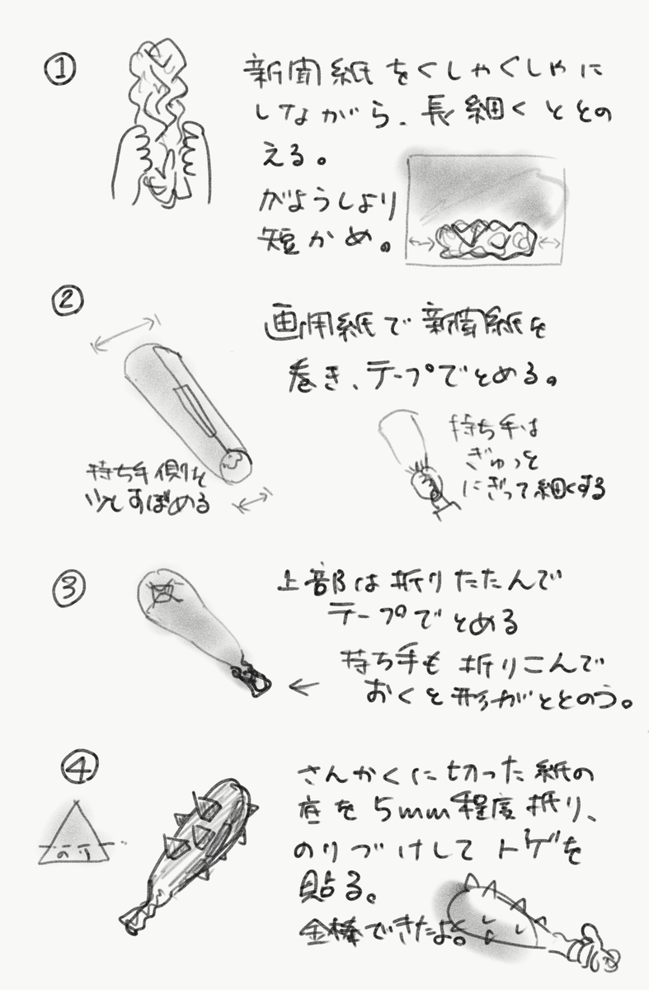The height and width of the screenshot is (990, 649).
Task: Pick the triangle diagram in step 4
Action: pos(76,834)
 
